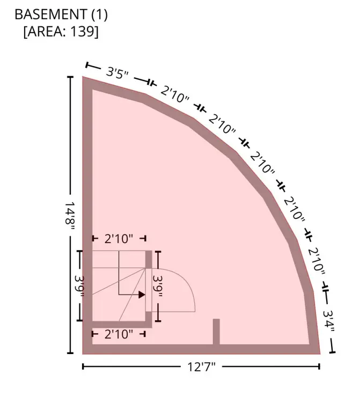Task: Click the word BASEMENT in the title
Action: (x=51, y=14)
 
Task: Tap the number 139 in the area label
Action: (x=82, y=32)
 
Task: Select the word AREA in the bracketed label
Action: (x=46, y=32)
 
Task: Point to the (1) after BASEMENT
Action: (x=100, y=14)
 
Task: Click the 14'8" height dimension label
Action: (x=70, y=216)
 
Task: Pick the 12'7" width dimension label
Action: (x=201, y=367)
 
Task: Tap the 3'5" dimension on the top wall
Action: (x=117, y=72)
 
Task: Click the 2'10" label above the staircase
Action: (x=119, y=239)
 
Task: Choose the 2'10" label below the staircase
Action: (x=119, y=334)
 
